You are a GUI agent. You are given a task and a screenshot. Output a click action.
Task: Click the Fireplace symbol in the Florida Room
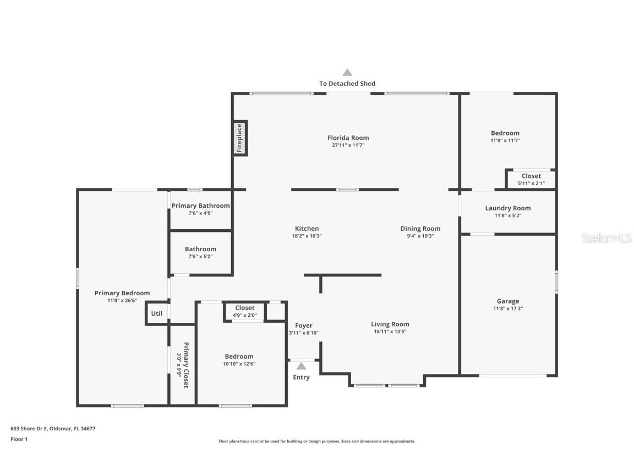(240, 138)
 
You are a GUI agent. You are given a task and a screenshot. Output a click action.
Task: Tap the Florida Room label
(348, 138)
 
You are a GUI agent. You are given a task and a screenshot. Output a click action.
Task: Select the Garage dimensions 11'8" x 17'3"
(508, 309)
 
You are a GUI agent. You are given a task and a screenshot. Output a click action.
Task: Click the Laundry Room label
(507, 208)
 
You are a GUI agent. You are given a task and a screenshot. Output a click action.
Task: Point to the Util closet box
(157, 313)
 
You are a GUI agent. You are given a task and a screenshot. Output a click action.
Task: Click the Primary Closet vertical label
(186, 365)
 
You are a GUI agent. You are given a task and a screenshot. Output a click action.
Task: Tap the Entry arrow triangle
(301, 366)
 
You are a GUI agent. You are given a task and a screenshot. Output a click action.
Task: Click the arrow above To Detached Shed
(347, 72)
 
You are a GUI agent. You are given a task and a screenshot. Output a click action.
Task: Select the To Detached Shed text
(347, 84)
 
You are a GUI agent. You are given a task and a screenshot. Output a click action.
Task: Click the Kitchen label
(307, 229)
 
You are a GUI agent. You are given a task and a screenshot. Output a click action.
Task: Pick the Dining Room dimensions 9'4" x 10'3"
(420, 236)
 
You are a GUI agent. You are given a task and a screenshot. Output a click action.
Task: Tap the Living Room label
(390, 324)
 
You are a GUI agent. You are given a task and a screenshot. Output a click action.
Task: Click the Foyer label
(304, 326)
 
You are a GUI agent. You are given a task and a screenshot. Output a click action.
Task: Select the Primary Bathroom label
(200, 206)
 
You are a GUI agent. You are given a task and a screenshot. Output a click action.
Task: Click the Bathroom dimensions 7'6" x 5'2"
(200, 256)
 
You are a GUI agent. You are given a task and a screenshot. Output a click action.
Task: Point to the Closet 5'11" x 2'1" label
(531, 176)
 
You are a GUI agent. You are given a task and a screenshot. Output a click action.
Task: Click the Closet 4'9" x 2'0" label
(245, 308)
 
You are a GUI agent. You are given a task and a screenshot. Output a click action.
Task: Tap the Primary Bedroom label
(122, 293)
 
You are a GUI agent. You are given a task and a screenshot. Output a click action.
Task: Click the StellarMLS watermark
(606, 239)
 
